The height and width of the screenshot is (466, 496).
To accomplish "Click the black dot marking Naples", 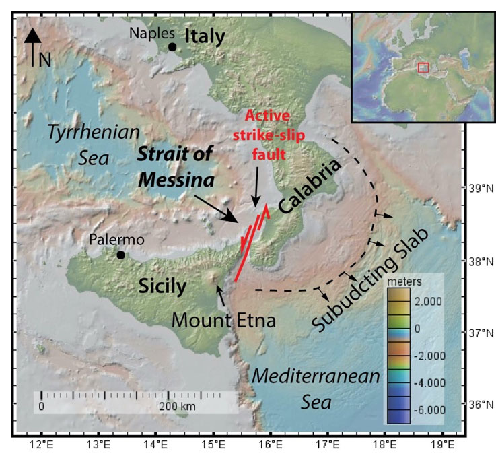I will coord(173,46).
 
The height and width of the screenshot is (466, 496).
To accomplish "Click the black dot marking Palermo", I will coord(120,255).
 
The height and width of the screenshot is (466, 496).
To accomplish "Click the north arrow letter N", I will coord(44,60).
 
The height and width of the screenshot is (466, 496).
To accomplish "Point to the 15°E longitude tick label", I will coord(214,443).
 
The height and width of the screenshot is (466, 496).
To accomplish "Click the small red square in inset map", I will coord(423,67).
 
